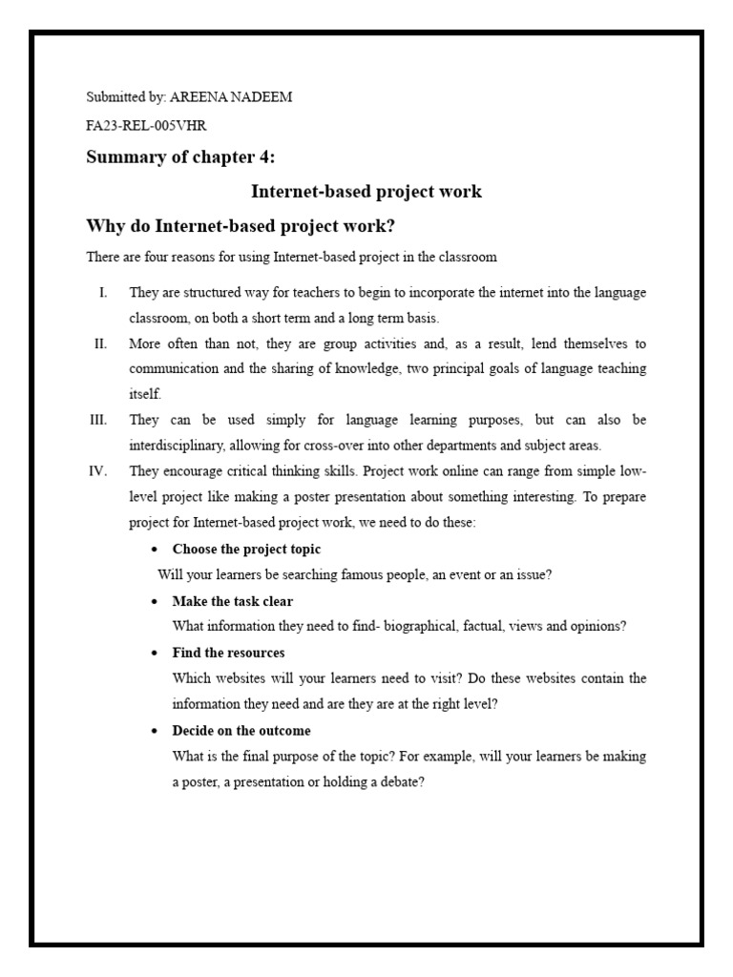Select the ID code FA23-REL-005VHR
point(146,125)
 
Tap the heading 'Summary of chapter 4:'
point(180,157)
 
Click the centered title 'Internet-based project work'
point(366,192)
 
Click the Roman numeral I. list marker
point(102,292)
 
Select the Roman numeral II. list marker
point(100,343)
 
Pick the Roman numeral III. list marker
point(98,420)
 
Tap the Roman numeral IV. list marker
point(99,471)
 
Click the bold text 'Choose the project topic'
point(246,550)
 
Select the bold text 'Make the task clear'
point(232,601)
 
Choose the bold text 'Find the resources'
point(228,653)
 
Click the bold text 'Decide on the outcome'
point(241,731)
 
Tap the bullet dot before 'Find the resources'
point(156,654)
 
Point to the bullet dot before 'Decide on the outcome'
point(156,732)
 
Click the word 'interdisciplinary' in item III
point(178,446)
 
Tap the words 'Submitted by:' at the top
point(126,98)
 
